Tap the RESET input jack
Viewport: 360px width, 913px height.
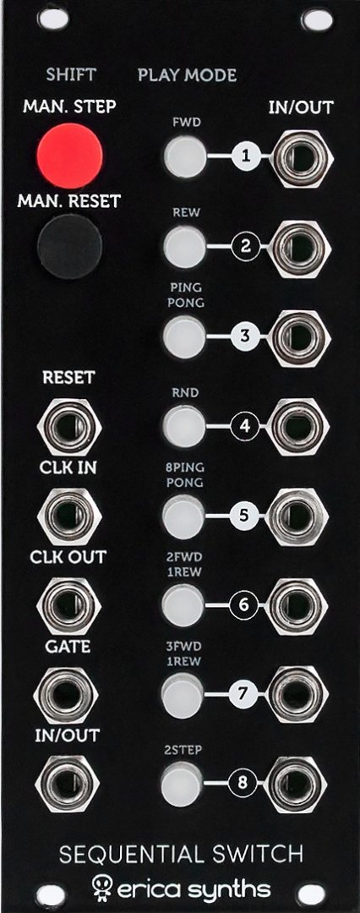(x=68, y=427)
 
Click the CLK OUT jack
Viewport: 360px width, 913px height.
(x=68, y=605)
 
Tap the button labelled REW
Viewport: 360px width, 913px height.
(x=184, y=246)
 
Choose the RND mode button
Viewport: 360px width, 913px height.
(x=184, y=427)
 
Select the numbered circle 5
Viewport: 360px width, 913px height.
(x=245, y=516)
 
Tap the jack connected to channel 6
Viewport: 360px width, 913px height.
(x=299, y=605)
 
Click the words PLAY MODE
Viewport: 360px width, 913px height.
(x=187, y=76)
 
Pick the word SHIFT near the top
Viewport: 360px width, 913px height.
(x=71, y=76)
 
